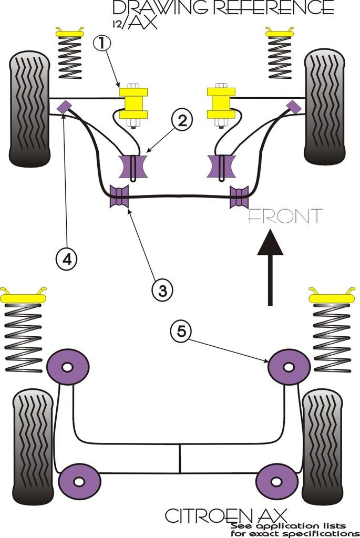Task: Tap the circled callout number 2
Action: (181, 121)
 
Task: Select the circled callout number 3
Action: (162, 288)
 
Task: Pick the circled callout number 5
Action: (181, 331)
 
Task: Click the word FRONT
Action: (284, 216)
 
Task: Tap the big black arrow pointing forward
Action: (270, 268)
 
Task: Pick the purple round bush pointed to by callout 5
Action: (288, 367)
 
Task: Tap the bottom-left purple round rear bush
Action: (79, 482)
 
